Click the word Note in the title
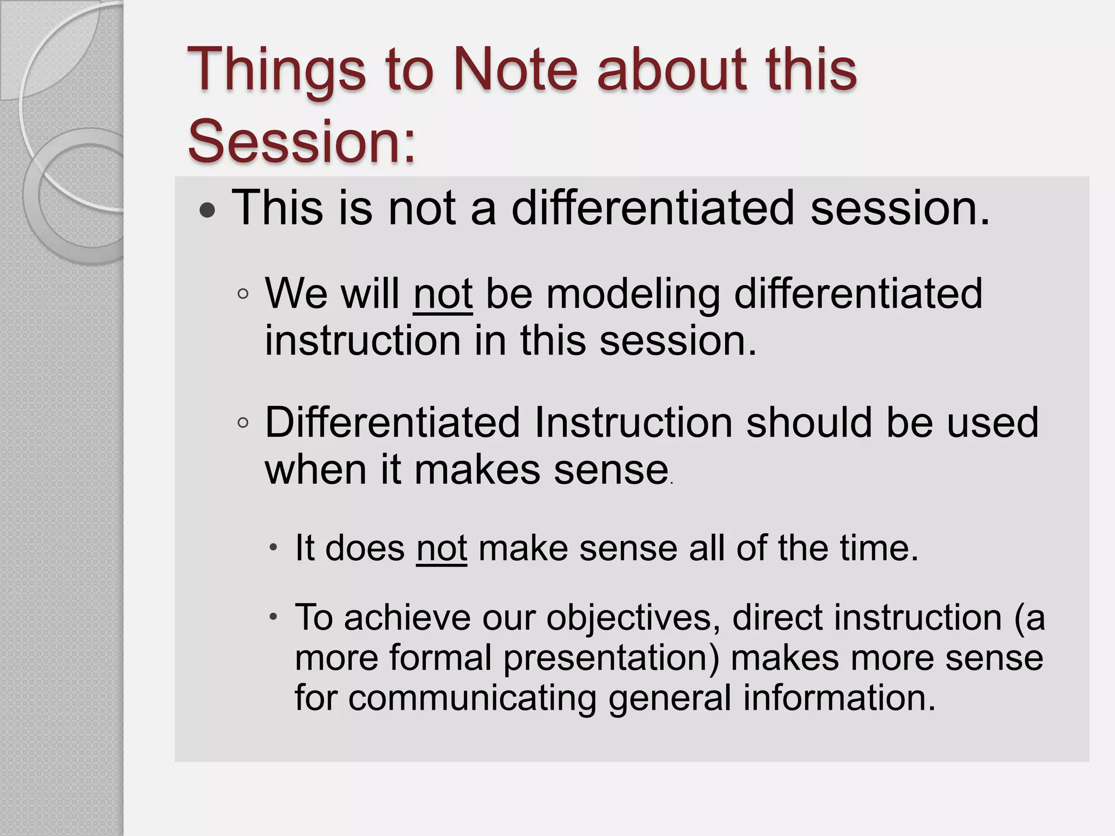[514, 70]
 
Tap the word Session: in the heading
[302, 140]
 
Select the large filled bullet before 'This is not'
[207, 211]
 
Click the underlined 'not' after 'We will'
[443, 294]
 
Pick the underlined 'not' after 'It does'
[442, 548]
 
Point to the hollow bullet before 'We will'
[243, 294]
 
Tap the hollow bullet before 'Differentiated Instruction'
[243, 423]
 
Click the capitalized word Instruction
[633, 422]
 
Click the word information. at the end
[839, 697]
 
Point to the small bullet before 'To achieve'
[274, 617]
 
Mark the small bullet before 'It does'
[274, 546]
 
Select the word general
[669, 698]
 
